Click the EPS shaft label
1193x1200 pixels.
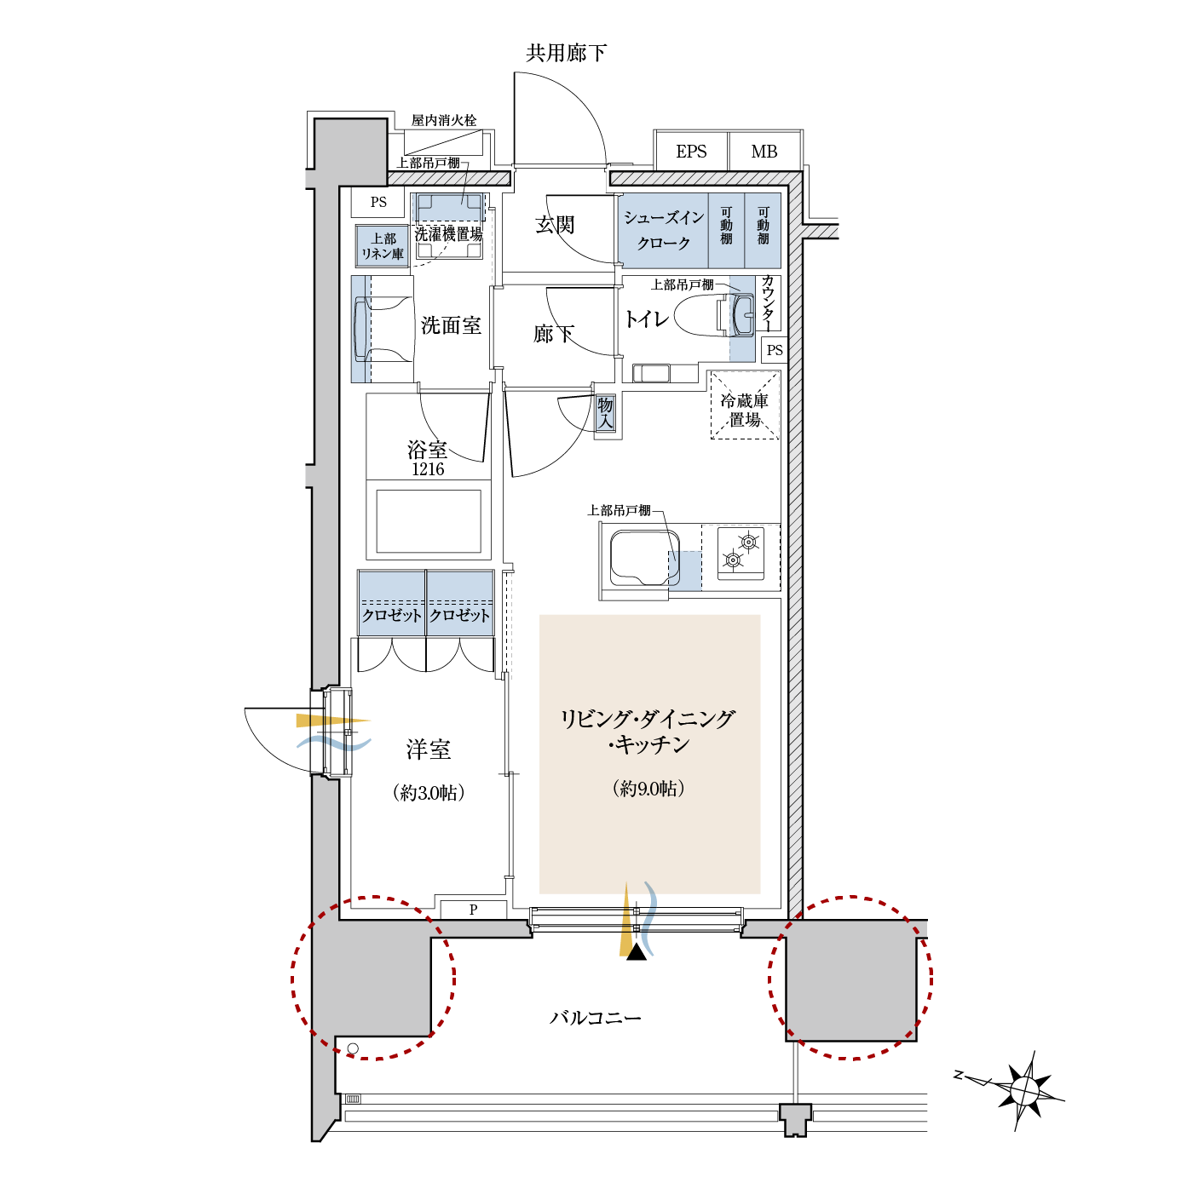point(690,152)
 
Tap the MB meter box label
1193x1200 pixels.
point(764,152)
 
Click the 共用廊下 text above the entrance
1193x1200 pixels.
point(566,53)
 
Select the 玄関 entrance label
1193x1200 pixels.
point(554,224)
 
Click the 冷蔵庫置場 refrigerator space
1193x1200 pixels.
point(744,405)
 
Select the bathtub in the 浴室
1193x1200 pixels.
point(429,521)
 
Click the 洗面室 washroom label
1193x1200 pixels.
point(451,325)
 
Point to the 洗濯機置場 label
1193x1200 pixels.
point(448,234)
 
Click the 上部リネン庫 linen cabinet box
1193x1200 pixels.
point(382,246)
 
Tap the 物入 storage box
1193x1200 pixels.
point(605,413)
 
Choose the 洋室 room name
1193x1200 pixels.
point(429,749)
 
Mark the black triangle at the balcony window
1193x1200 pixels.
point(637,952)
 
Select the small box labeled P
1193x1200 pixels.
point(473,910)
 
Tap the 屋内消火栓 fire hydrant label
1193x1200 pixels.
point(444,120)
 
